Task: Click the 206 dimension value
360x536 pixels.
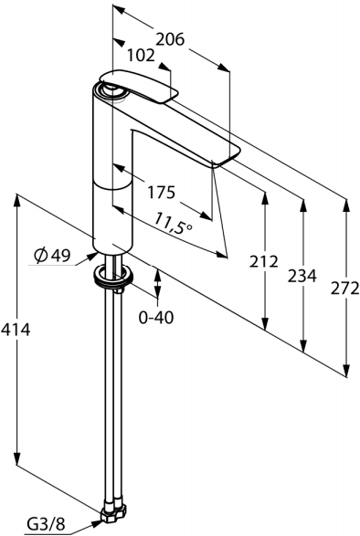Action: tap(169, 39)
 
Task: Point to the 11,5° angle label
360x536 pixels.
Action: tap(174, 221)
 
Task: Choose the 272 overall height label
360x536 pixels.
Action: tap(344, 289)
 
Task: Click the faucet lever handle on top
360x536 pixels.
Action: tap(137, 86)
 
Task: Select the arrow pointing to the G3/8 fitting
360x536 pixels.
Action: tap(87, 524)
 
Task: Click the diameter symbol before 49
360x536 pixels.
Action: tap(41, 257)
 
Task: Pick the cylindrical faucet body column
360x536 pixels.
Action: tap(113, 183)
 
